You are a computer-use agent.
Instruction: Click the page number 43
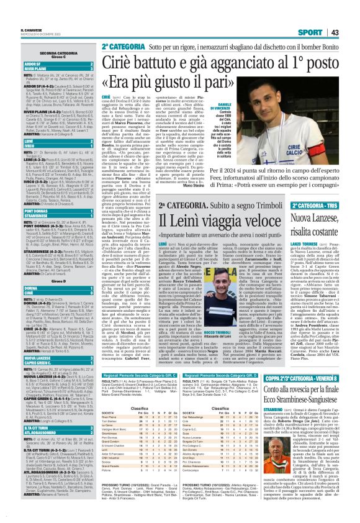point(351,16)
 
